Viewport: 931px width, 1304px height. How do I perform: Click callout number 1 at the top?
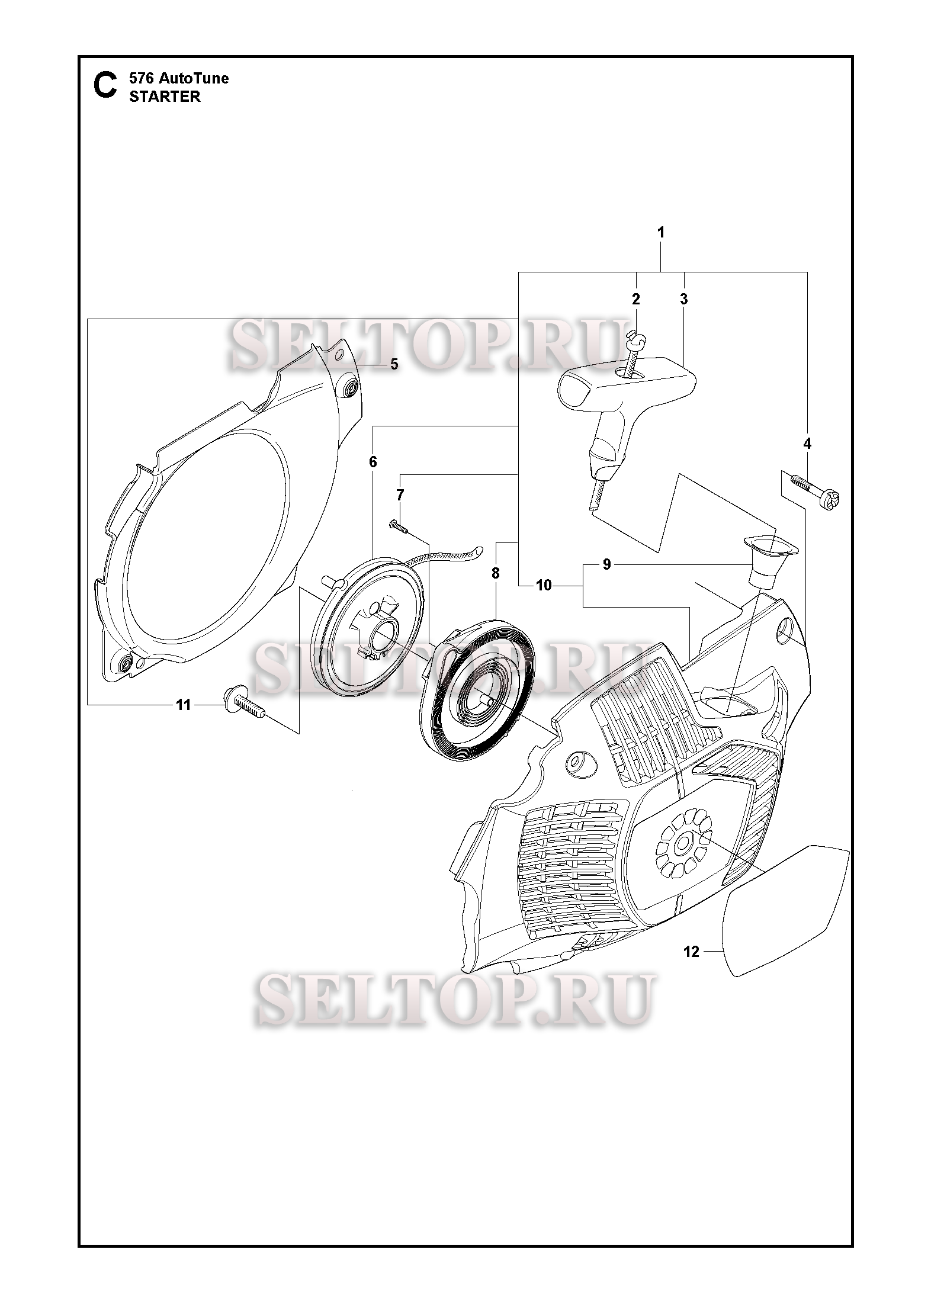[x=660, y=233]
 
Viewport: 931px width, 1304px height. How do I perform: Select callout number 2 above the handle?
[x=636, y=300]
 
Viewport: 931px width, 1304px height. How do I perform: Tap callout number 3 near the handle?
[x=684, y=300]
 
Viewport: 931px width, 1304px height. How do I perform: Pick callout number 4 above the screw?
[x=807, y=444]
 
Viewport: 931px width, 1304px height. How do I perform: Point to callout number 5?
[x=394, y=364]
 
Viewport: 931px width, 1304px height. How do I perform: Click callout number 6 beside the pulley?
[x=373, y=462]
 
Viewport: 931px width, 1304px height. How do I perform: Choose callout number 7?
[x=400, y=494]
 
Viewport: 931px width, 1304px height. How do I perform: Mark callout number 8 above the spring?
[x=496, y=573]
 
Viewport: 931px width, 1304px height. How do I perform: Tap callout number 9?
[x=606, y=565]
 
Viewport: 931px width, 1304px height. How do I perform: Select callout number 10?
[x=543, y=586]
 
